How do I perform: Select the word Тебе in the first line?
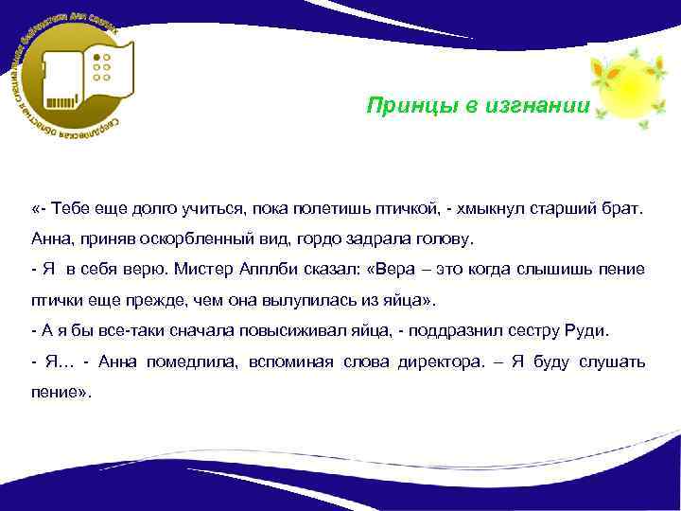pyautogui.click(x=72, y=207)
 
